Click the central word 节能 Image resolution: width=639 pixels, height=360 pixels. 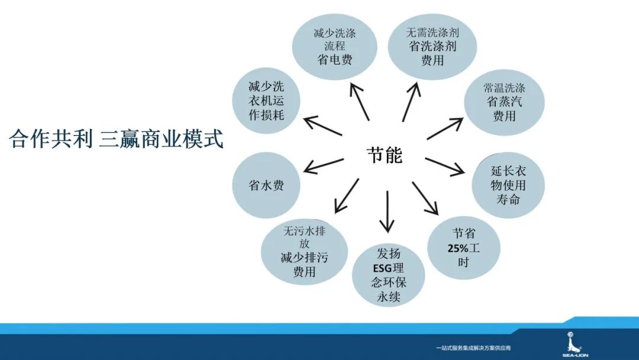click(x=384, y=155)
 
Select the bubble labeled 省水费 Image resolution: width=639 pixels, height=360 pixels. click(x=266, y=185)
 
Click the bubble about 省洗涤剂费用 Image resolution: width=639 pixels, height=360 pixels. click(x=432, y=46)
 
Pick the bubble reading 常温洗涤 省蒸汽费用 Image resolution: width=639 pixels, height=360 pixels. click(x=504, y=102)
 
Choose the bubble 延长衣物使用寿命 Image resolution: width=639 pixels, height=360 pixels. click(x=508, y=185)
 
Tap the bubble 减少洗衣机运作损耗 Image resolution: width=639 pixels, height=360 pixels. click(x=266, y=101)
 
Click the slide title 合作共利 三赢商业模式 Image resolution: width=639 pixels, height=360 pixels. click(x=116, y=140)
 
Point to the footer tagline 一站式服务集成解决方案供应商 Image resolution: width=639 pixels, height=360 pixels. click(x=472, y=348)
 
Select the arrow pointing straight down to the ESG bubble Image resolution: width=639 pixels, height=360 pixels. click(x=387, y=211)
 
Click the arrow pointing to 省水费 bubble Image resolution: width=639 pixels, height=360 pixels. click(x=324, y=166)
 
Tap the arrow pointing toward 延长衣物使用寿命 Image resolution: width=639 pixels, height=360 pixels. click(x=445, y=167)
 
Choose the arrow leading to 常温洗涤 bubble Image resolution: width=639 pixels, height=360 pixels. click(x=445, y=128)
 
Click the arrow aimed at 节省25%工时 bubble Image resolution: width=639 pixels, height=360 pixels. click(x=425, y=198)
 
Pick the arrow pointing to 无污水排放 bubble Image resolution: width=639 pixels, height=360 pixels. click(x=347, y=195)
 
